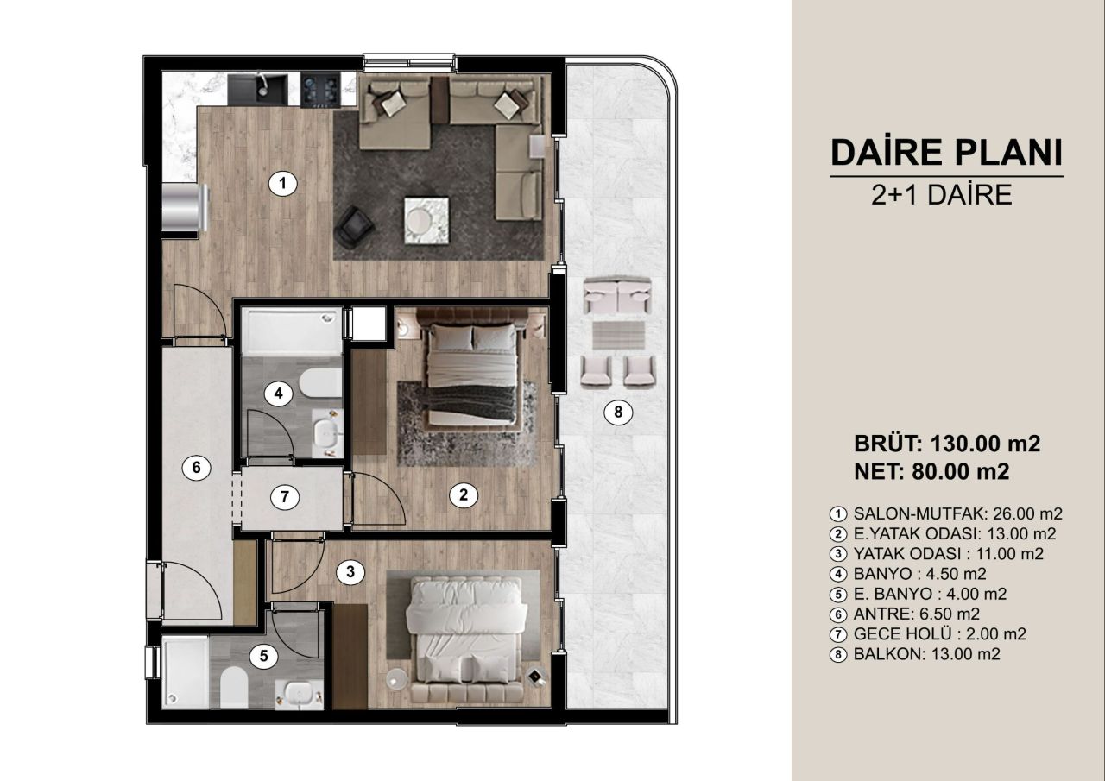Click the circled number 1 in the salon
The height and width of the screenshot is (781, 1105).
tap(282, 183)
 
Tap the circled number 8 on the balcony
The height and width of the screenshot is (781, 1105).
tap(617, 413)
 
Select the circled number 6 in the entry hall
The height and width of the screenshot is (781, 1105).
tap(196, 468)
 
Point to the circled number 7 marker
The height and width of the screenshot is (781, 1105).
tap(283, 497)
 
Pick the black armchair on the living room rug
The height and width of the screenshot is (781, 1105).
tap(354, 227)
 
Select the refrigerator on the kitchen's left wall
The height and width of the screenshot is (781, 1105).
tap(185, 208)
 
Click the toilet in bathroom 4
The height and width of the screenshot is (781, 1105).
tap(321, 382)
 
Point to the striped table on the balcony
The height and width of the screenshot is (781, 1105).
tap(617, 334)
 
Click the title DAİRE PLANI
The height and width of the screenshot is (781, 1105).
tap(945, 152)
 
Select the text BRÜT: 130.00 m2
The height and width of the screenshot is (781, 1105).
tap(947, 444)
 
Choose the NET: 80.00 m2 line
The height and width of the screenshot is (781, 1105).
tap(931, 471)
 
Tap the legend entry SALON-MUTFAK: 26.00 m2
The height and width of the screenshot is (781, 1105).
tap(945, 513)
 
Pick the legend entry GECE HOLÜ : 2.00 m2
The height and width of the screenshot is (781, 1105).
tap(939, 633)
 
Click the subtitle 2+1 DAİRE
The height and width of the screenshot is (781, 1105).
tap(943, 195)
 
